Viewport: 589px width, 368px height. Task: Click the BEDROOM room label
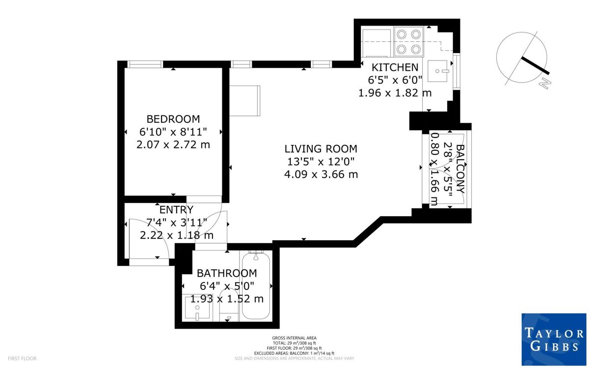173,119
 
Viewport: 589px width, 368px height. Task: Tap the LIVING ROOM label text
321,148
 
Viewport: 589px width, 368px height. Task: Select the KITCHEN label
395,67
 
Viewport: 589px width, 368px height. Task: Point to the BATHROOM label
226,273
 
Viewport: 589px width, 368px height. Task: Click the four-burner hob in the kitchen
409,42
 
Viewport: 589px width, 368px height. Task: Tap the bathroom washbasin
196,308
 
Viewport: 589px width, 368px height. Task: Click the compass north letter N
544,84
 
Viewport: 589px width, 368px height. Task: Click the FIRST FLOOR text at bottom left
19,359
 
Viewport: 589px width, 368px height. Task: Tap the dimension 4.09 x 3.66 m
321,174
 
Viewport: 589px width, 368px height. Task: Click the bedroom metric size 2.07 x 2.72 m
173,144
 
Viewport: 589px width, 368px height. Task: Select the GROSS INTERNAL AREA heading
294,338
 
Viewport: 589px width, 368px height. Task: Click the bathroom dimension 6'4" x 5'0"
226,286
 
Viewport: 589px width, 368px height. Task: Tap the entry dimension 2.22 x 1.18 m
176,235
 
